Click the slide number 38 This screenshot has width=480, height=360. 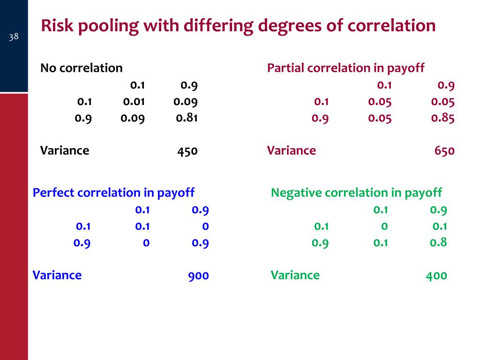pos(14,36)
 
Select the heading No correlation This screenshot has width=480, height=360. pos(81,68)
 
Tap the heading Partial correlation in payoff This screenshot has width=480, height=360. pos(345,68)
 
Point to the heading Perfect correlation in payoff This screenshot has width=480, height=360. pos(113,193)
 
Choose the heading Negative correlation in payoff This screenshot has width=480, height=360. pos(356,193)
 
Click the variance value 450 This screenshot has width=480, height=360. pos(187,151)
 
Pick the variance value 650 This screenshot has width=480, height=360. pos(444,151)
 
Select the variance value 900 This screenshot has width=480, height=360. pos(199,276)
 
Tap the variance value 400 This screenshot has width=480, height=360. pos(436,276)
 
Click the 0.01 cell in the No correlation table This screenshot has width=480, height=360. pos(134,102)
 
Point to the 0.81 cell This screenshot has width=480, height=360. pos(187,118)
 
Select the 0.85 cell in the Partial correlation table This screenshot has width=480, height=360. pos(443,118)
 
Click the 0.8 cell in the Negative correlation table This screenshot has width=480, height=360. pos(438,242)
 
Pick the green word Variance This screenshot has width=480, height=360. pos(295,275)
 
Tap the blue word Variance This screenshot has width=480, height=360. pos(57,275)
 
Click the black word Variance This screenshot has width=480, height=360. pos(65,150)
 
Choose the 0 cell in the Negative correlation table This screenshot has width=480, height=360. pos(384,226)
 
